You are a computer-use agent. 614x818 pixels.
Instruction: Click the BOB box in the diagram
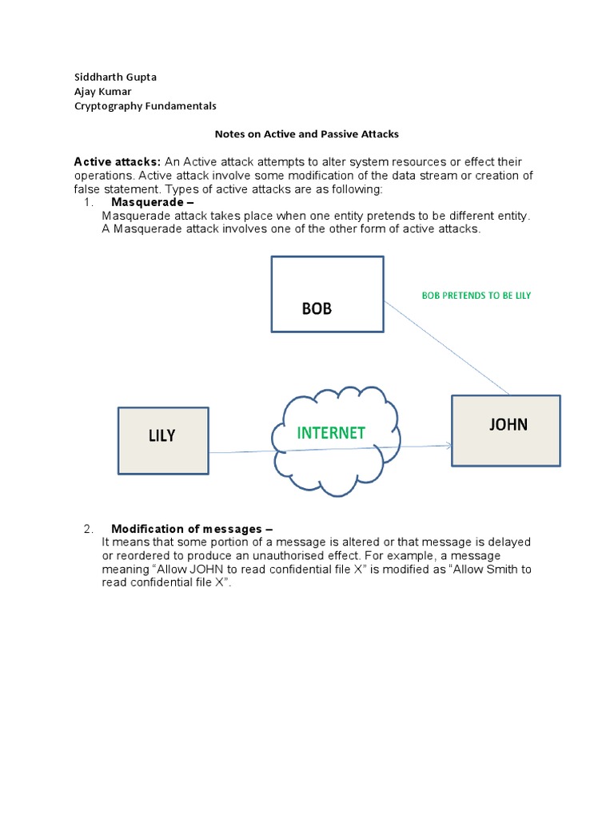pyautogui.click(x=327, y=293)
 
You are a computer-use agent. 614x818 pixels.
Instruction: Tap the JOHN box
pyautogui.click(x=506, y=430)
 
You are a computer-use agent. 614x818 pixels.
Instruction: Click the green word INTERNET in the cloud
pyautogui.click(x=331, y=433)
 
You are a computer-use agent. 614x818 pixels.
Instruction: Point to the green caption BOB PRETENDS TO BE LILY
pyautogui.click(x=476, y=296)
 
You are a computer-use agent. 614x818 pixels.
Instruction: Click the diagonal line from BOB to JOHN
pyautogui.click(x=448, y=348)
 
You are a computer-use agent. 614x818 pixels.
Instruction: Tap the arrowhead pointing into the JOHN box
pyautogui.click(x=449, y=447)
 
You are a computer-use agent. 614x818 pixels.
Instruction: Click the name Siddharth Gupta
pyautogui.click(x=116, y=77)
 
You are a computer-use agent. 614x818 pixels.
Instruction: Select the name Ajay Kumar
pyautogui.click(x=105, y=91)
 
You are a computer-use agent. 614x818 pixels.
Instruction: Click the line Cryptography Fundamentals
pyautogui.click(x=145, y=105)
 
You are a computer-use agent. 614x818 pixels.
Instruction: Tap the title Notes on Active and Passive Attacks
pyautogui.click(x=306, y=134)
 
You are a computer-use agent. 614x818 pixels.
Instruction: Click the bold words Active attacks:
pyautogui.click(x=118, y=162)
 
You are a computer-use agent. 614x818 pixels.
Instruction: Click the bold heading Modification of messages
pyautogui.click(x=192, y=529)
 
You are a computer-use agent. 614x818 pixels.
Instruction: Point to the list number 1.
pyautogui.click(x=89, y=203)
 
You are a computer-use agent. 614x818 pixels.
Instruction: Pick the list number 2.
pyautogui.click(x=89, y=529)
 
